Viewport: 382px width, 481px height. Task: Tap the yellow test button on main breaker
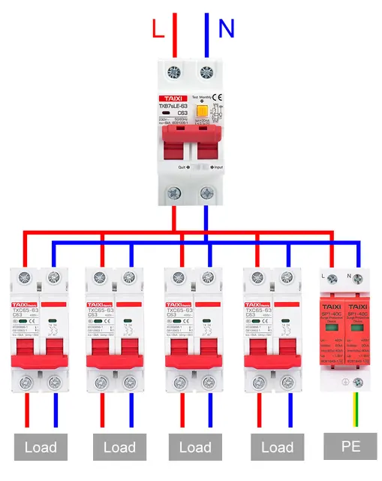[201, 112]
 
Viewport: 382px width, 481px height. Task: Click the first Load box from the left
[40, 447]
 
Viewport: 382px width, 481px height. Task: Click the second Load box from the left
[119, 447]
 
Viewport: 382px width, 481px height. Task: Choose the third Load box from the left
[195, 447]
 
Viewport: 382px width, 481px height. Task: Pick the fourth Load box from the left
[277, 447]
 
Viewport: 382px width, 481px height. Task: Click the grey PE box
[350, 446]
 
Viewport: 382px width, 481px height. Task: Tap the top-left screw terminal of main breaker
[174, 72]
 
